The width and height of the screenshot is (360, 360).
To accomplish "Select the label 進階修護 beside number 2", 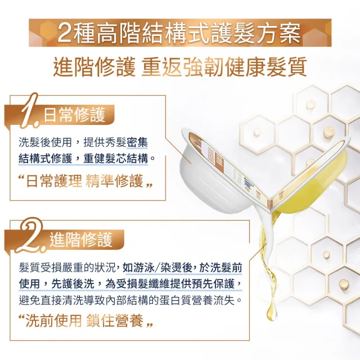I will click(81, 240).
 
